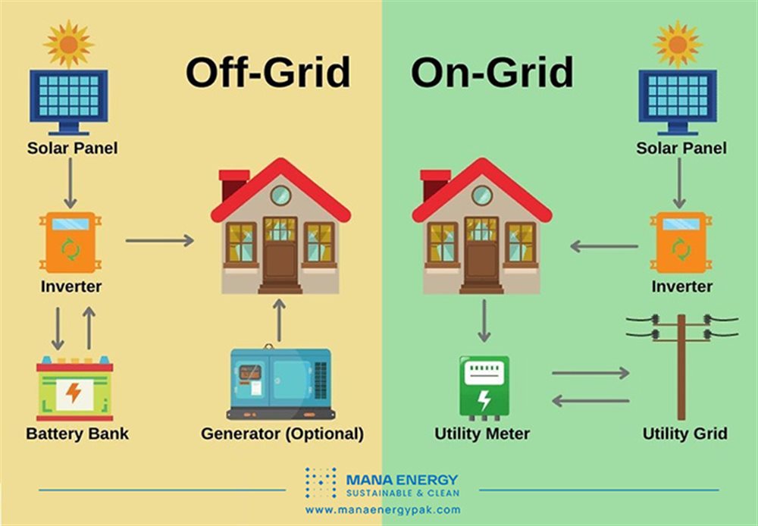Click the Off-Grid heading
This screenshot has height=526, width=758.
click(x=268, y=73)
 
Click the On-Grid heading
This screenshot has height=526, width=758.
click(x=492, y=73)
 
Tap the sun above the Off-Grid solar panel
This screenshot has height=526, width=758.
click(x=68, y=43)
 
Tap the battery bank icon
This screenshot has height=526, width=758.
click(x=74, y=390)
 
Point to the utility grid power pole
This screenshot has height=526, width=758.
click(x=681, y=364)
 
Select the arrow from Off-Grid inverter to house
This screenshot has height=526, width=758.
click(x=159, y=240)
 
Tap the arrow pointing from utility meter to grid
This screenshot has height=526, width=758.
click(x=590, y=373)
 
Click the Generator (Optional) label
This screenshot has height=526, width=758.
click(x=282, y=434)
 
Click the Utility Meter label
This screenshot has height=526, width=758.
click(x=482, y=434)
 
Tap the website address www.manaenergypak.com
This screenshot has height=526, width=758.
click(x=382, y=510)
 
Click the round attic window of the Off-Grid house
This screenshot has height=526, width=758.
click(x=280, y=195)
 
